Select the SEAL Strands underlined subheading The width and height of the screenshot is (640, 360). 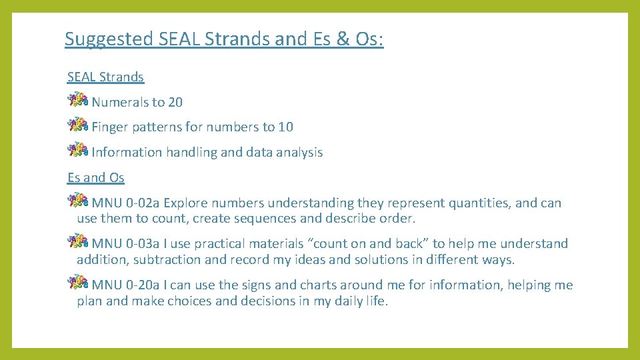click(x=105, y=77)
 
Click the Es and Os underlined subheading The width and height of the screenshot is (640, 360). click(x=96, y=177)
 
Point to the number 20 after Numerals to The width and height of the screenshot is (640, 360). click(x=175, y=102)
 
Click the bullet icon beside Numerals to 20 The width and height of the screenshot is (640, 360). click(x=78, y=101)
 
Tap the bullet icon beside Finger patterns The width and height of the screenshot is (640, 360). click(x=78, y=125)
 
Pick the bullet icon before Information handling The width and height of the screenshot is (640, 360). click(x=78, y=151)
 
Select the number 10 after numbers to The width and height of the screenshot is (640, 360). click(x=285, y=127)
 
